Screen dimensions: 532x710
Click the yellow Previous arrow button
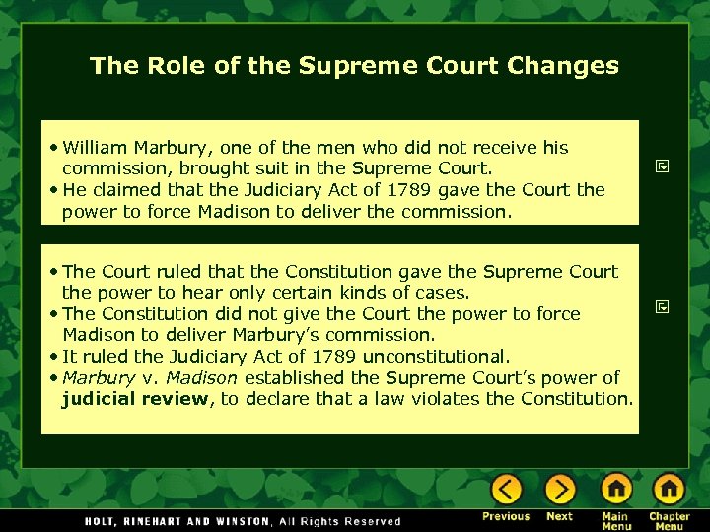[507, 489]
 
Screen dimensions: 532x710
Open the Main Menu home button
[615, 489]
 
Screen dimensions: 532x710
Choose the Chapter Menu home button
[669, 489]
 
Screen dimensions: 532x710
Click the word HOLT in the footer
[101, 521]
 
